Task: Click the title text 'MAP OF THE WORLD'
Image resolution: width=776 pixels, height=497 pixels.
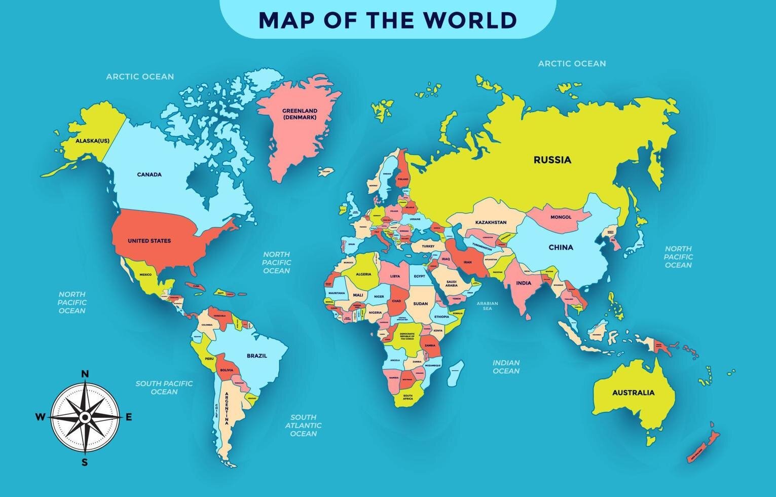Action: pyautogui.click(x=388, y=20)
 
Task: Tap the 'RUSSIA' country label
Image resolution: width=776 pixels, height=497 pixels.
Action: pyautogui.click(x=552, y=160)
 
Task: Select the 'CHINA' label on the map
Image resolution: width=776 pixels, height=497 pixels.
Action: pyautogui.click(x=561, y=247)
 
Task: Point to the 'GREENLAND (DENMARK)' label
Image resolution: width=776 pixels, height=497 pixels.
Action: pyautogui.click(x=300, y=114)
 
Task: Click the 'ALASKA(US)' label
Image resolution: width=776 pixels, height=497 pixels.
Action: pyautogui.click(x=92, y=141)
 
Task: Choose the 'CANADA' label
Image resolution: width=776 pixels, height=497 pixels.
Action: pyautogui.click(x=149, y=174)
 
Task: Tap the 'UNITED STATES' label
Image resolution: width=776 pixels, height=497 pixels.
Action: pyautogui.click(x=149, y=241)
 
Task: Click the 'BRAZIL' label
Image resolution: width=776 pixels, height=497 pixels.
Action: pyautogui.click(x=256, y=356)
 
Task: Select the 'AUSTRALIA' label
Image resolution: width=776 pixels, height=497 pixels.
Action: pyautogui.click(x=633, y=393)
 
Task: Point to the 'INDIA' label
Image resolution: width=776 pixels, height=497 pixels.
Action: pyautogui.click(x=524, y=283)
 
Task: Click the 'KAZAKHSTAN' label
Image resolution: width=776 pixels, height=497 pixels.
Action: pyautogui.click(x=491, y=223)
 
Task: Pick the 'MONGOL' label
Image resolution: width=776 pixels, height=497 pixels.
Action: pyautogui.click(x=561, y=217)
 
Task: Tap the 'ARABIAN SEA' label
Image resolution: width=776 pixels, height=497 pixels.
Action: pyautogui.click(x=487, y=306)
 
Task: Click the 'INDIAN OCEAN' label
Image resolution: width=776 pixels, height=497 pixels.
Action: pyautogui.click(x=506, y=367)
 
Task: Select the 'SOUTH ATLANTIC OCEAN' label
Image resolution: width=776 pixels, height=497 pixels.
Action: pyautogui.click(x=303, y=425)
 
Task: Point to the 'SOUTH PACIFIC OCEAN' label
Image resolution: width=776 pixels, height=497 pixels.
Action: pyautogui.click(x=164, y=387)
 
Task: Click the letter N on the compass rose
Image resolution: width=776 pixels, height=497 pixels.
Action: pyautogui.click(x=85, y=374)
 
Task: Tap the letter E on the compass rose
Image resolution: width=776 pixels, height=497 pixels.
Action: pyautogui.click(x=129, y=417)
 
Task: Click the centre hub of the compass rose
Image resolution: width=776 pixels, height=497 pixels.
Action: pyautogui.click(x=85, y=417)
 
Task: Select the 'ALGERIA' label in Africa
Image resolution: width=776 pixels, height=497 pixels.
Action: pyautogui.click(x=363, y=274)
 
